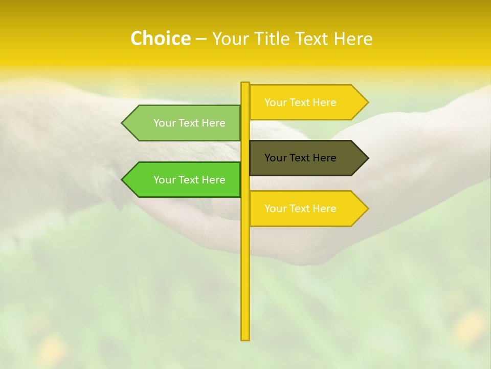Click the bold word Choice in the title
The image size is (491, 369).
(160, 38)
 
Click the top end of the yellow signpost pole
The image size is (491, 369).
(245, 84)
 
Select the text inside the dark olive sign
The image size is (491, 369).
(300, 158)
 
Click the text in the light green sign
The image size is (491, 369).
(189, 123)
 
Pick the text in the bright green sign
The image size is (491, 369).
(189, 180)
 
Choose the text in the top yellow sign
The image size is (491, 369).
(300, 102)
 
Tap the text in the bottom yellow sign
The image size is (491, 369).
(300, 209)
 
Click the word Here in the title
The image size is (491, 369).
(353, 39)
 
